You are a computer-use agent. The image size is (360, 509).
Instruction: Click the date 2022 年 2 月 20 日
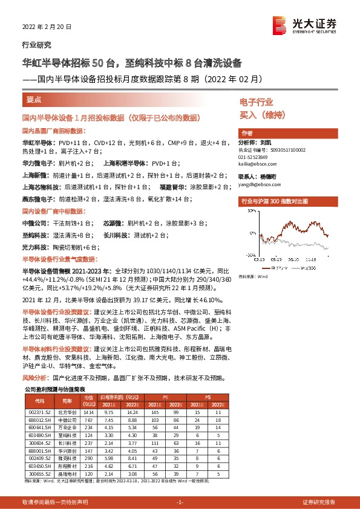click(46, 27)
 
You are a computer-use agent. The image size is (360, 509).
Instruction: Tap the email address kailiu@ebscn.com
click(256, 163)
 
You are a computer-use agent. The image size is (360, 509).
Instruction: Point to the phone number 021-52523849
click(255, 156)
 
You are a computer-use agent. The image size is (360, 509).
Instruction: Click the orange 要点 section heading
click(34, 99)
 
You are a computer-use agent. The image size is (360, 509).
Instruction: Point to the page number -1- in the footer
click(179, 502)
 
